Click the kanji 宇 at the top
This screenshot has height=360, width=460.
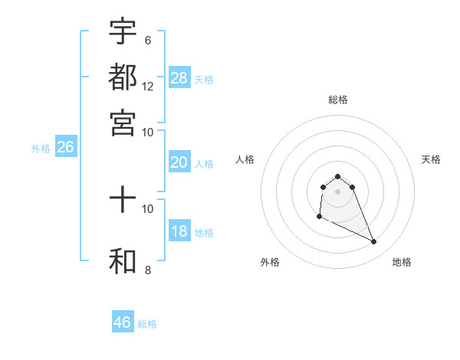point(123,31)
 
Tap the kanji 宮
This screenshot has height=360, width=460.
point(123,122)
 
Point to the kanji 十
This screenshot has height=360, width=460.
point(123,201)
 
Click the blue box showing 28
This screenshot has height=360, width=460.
point(179,77)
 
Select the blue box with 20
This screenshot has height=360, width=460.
point(179,162)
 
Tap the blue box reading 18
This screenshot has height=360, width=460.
point(179,232)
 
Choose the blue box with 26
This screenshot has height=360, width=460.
point(65,148)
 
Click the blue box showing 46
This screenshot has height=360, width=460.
point(123,322)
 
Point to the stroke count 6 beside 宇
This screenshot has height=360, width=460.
point(147,40)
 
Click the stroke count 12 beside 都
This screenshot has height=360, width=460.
point(148,86)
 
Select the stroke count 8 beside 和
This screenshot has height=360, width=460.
point(147,270)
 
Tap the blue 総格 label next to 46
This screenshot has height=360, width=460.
point(147,324)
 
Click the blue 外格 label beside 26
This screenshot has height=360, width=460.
point(41,149)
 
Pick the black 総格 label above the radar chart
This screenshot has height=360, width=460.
point(337,100)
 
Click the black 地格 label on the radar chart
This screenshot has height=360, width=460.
point(402,262)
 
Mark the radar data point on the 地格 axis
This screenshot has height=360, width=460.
point(374,242)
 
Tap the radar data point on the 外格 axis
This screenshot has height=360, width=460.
point(319,217)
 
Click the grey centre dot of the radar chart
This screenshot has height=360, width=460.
point(337,191)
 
